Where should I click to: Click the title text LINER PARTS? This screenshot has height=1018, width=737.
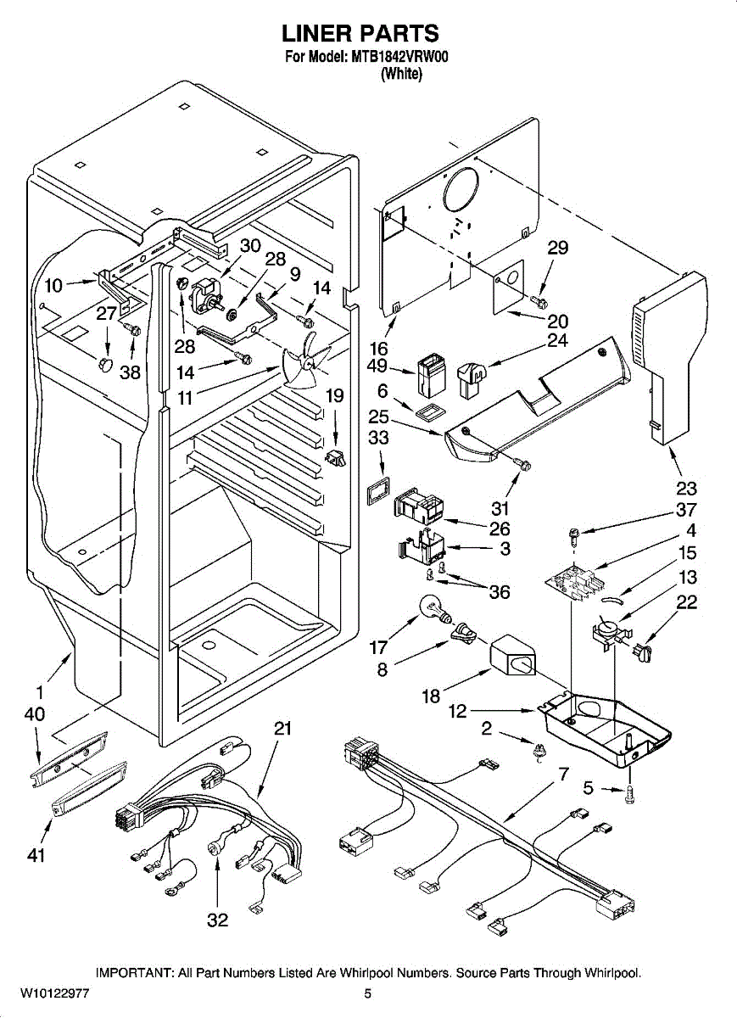click(x=360, y=34)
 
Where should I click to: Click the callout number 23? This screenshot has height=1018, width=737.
click(x=686, y=488)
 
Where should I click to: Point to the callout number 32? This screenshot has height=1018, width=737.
click(x=218, y=920)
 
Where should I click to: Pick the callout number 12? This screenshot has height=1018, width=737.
click(x=457, y=712)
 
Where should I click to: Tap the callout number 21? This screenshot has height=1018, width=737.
click(x=282, y=728)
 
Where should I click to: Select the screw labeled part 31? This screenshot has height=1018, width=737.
click(x=523, y=463)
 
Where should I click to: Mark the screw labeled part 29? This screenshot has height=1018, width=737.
click(x=538, y=300)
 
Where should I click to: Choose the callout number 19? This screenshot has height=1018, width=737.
click(x=335, y=395)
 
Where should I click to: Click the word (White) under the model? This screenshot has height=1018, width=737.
click(x=401, y=74)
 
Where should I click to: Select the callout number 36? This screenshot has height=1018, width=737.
click(x=500, y=592)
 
